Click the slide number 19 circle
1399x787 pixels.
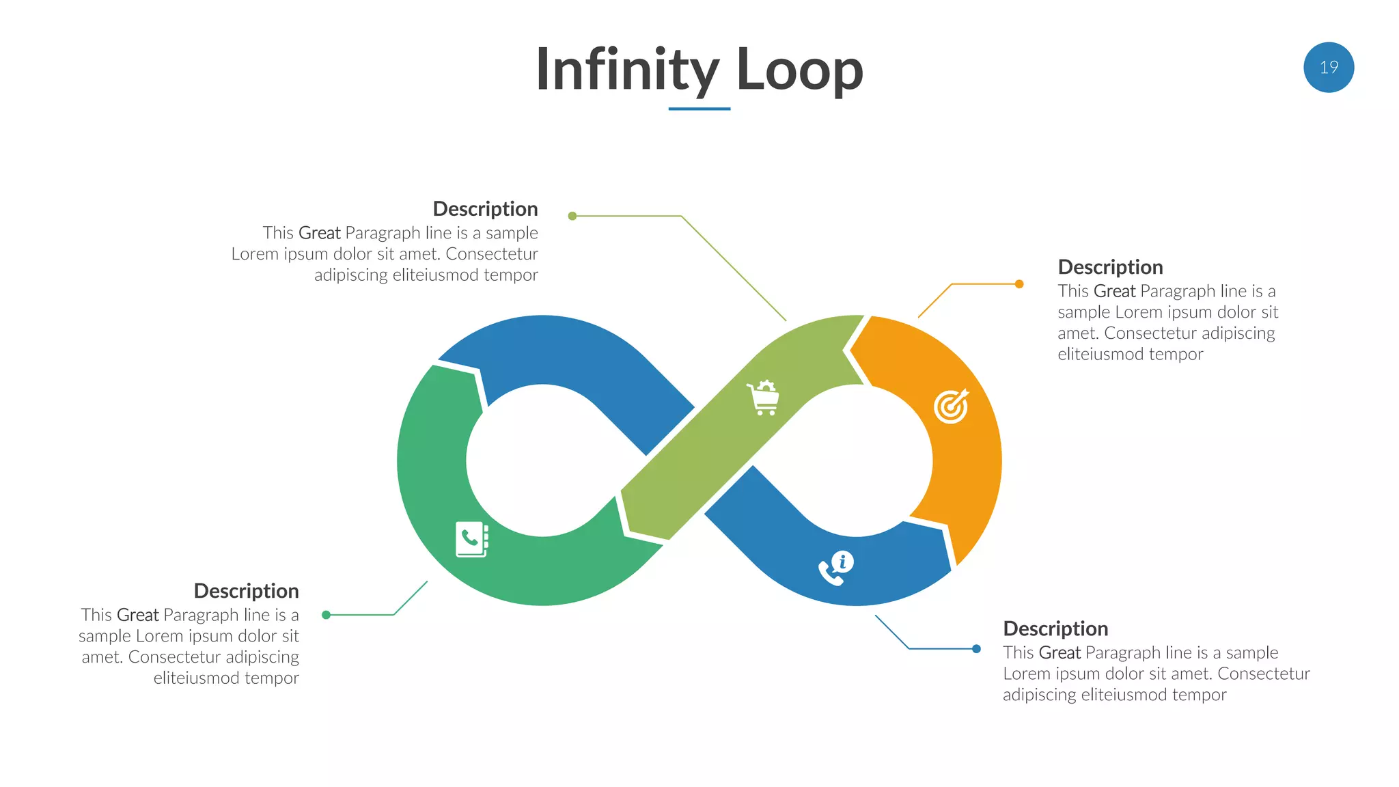point(1328,68)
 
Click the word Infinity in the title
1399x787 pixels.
point(626,70)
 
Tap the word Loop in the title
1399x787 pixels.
point(799,70)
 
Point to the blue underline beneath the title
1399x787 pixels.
point(699,109)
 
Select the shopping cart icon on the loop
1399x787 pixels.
point(763,398)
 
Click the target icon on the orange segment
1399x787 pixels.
point(951,406)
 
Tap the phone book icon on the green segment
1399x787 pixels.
point(472,539)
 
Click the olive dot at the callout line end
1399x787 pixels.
point(572,216)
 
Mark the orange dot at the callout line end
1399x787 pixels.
point(1019,284)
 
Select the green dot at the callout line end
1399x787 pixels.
point(327,615)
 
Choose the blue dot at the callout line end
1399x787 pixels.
point(976,649)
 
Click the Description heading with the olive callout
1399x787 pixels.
point(485,209)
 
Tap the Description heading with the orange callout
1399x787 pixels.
point(1110,267)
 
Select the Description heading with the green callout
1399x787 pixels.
point(246,591)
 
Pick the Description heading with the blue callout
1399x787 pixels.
point(1055,629)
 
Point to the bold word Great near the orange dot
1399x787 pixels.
point(1114,292)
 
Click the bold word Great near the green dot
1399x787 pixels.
point(137,616)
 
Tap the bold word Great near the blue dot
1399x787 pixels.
point(1059,653)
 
